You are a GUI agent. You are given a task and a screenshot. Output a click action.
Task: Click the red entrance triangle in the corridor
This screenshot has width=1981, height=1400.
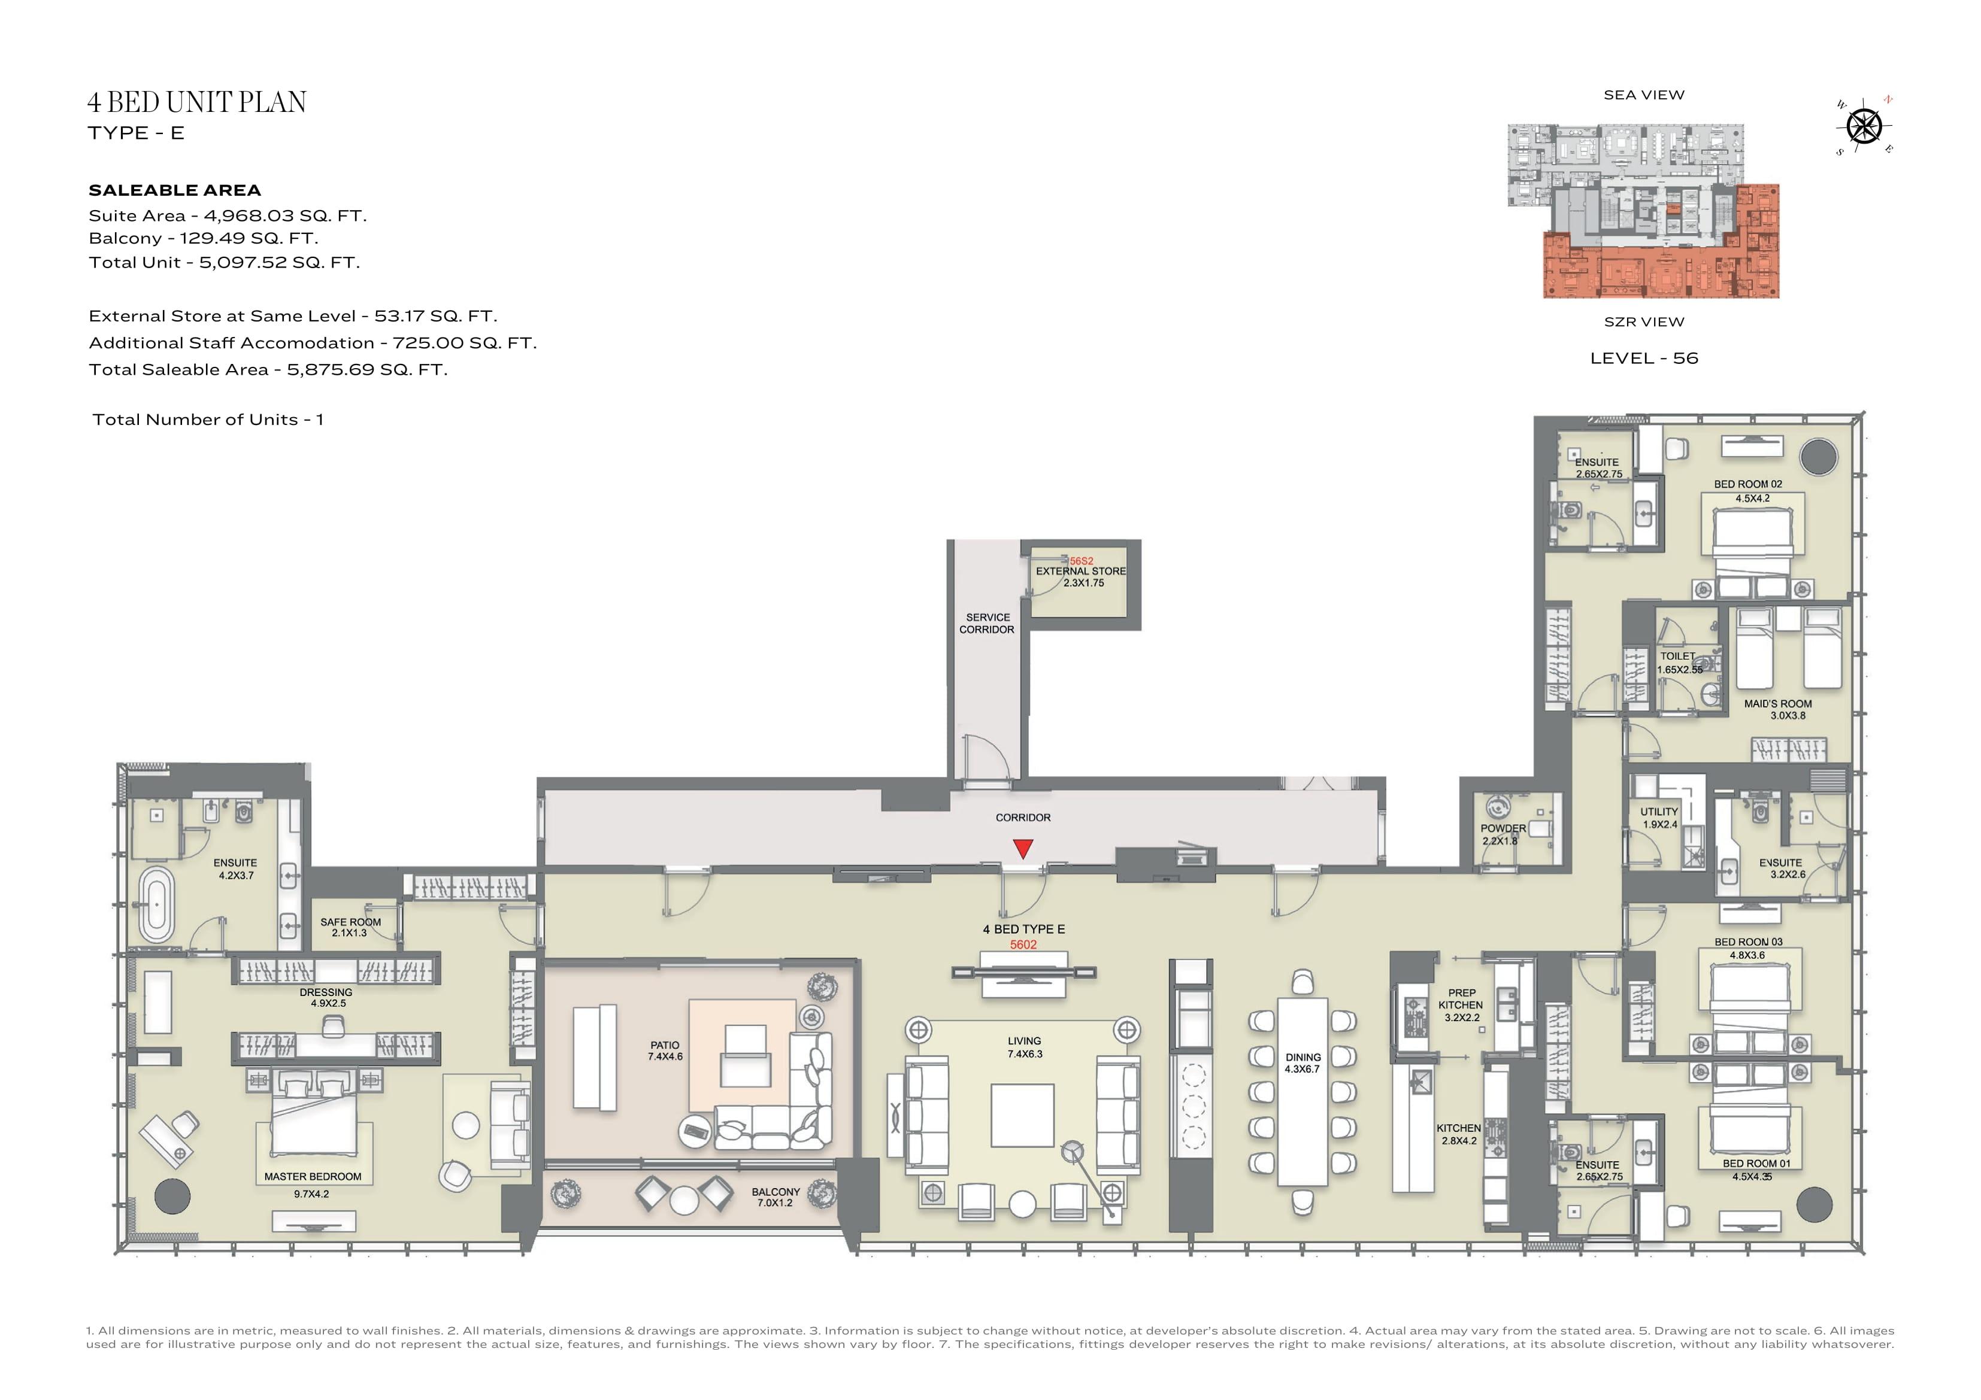pyautogui.click(x=1023, y=849)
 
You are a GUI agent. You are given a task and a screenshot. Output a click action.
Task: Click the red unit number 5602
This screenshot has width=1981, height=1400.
pyautogui.click(x=1023, y=945)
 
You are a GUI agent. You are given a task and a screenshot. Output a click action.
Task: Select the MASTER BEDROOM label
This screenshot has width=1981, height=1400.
pyautogui.click(x=313, y=1177)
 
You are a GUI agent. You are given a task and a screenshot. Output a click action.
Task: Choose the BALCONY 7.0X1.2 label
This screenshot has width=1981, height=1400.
pyautogui.click(x=776, y=1197)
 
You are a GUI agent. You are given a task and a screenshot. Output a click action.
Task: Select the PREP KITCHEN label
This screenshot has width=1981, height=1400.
pyautogui.click(x=1461, y=999)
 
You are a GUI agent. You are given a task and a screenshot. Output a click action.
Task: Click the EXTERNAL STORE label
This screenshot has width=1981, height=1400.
pyautogui.click(x=1081, y=571)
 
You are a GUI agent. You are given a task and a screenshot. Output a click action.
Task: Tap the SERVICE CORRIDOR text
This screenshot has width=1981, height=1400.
pyautogui.click(x=987, y=624)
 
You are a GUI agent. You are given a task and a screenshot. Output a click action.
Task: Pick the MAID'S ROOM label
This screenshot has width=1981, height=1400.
pyautogui.click(x=1777, y=704)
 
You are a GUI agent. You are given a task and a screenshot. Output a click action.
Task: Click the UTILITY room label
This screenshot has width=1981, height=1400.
pyautogui.click(x=1659, y=812)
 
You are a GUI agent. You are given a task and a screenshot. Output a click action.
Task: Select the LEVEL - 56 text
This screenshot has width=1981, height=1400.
pyautogui.click(x=1644, y=358)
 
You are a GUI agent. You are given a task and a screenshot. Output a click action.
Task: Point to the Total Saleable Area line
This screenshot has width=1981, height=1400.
pyautogui.click(x=268, y=370)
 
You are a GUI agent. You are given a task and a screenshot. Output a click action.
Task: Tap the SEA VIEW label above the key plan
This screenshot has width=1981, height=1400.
pyautogui.click(x=1644, y=95)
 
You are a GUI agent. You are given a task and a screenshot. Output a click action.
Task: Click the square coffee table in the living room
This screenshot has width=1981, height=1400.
pyautogui.click(x=1022, y=1115)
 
